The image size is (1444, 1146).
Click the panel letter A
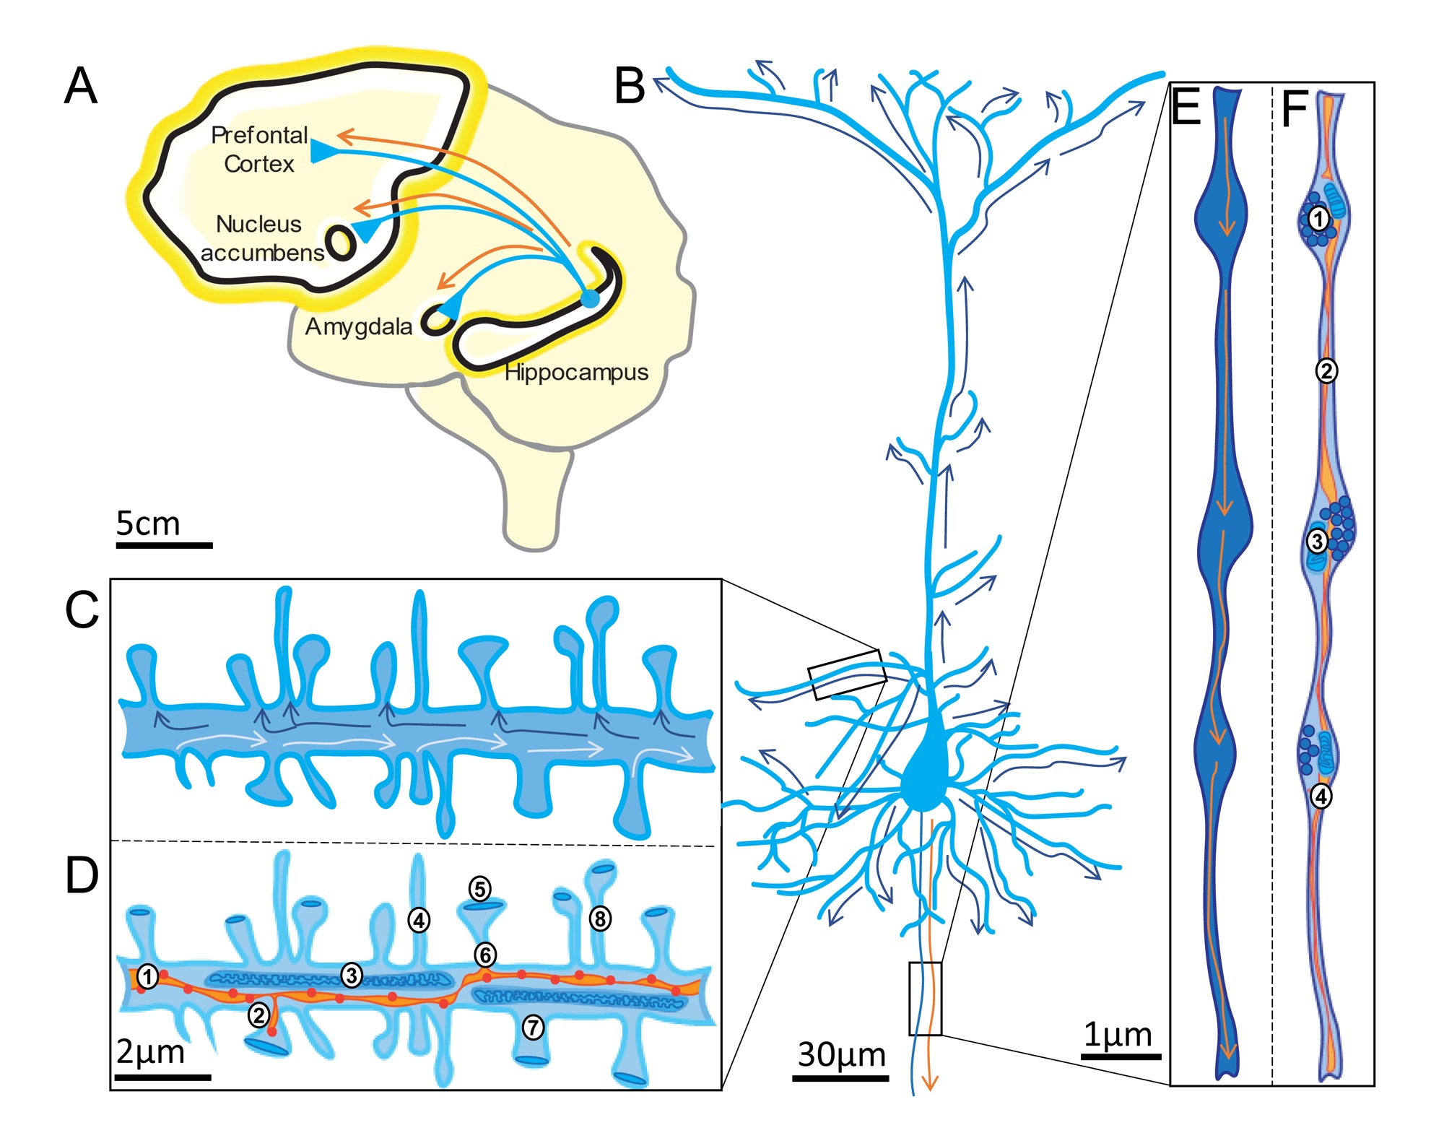(80, 86)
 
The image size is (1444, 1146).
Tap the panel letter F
(1294, 109)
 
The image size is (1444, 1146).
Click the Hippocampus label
(576, 373)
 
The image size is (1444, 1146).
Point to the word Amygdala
(358, 327)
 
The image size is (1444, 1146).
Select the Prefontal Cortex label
(259, 149)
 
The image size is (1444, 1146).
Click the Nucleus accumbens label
(261, 238)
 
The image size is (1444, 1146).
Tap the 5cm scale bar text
(148, 524)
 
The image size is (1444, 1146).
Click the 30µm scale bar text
(841, 1055)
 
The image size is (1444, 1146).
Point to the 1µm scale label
(1118, 1035)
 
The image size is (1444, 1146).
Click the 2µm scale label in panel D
(151, 1052)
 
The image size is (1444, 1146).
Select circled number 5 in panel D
(480, 888)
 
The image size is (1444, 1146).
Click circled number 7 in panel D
(533, 1027)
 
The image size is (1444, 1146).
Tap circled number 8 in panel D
(600, 919)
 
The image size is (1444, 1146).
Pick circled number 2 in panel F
(1326, 370)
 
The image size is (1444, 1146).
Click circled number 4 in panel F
(1321, 796)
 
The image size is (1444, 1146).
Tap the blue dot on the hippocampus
(590, 298)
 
